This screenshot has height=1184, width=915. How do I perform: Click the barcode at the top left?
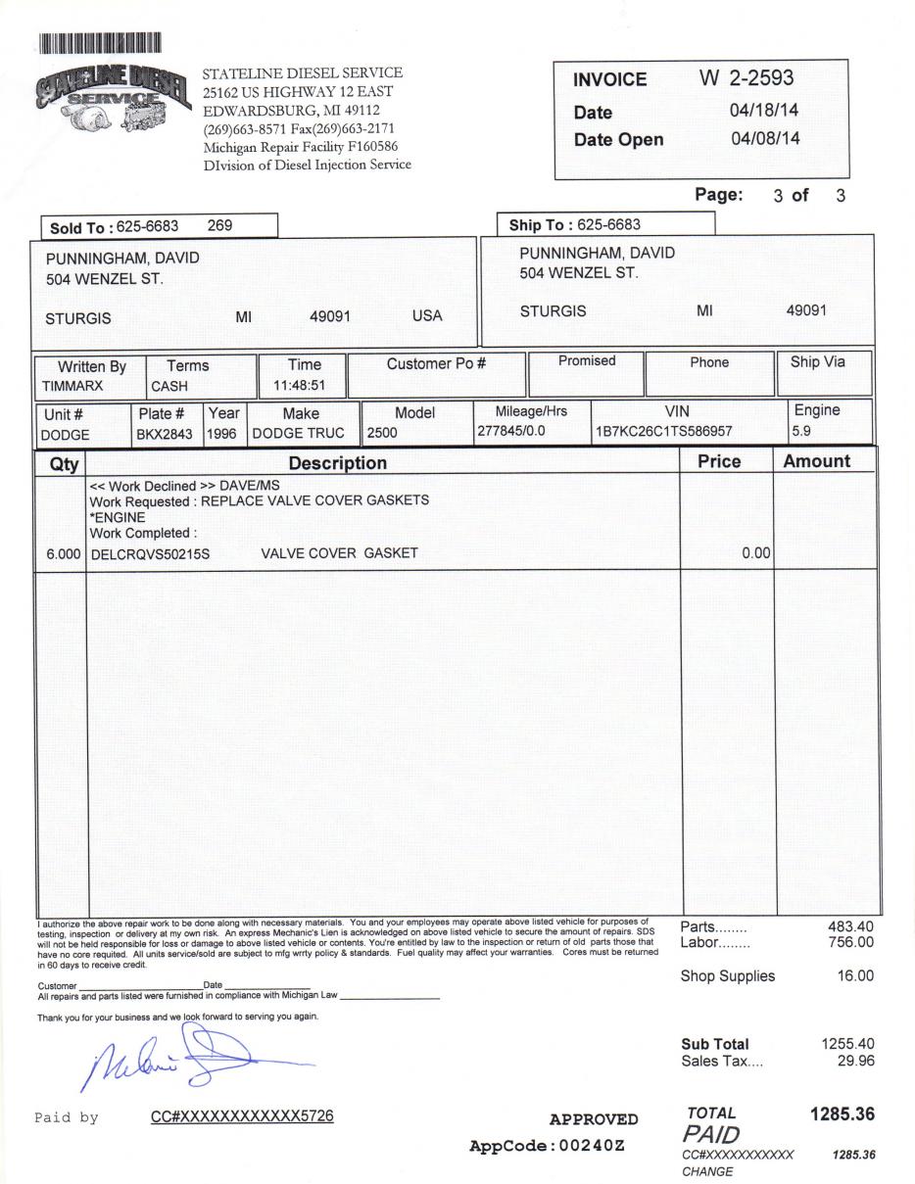(x=99, y=42)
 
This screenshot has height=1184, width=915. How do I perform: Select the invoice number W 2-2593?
(x=746, y=78)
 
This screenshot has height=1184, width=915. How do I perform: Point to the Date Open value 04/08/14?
(x=765, y=138)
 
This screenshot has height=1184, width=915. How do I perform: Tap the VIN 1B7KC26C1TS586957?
(x=663, y=432)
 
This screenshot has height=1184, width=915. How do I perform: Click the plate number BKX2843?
(x=165, y=434)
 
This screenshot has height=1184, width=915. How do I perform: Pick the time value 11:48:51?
(x=299, y=385)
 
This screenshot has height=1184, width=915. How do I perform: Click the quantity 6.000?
(x=63, y=554)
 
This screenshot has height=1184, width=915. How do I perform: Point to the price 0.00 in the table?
(x=755, y=553)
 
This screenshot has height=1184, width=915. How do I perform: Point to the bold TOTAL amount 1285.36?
(x=842, y=1114)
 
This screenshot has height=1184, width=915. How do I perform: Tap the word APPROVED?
(x=594, y=1119)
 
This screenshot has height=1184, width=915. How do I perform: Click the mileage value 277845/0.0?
(x=509, y=431)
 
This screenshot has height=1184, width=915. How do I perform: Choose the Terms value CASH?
(x=169, y=386)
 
